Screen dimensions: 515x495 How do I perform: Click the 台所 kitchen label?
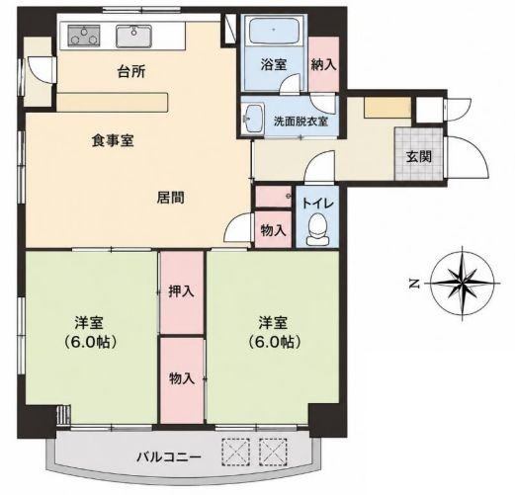pos(131,71)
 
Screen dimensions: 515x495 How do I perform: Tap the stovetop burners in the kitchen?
pos(84,36)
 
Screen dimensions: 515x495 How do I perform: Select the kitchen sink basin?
pos(133,36)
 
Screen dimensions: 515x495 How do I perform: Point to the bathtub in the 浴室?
pos(274,31)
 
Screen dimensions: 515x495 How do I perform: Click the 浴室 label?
pos(274,64)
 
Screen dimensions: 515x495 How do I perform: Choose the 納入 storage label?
pos(324,64)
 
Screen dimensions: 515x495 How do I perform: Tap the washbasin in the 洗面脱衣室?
pos(253,119)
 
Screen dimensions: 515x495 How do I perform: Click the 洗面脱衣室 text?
pos(300,122)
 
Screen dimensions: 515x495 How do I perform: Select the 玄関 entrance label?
pos(419,156)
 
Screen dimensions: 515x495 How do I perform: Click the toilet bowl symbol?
pos(317,228)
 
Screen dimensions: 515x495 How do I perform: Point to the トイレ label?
pos(317,204)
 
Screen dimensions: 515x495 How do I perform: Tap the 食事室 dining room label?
pos(113,141)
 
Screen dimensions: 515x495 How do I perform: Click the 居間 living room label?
pos(170,198)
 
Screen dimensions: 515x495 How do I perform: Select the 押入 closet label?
pos(181,291)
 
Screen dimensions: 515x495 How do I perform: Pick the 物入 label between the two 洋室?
pos(182,378)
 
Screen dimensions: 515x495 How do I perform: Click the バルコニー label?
pos(169,456)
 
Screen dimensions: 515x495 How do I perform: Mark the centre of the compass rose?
pos(463,283)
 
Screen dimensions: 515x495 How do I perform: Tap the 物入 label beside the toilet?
pos(273,230)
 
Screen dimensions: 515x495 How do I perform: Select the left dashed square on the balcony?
pos(235,452)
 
